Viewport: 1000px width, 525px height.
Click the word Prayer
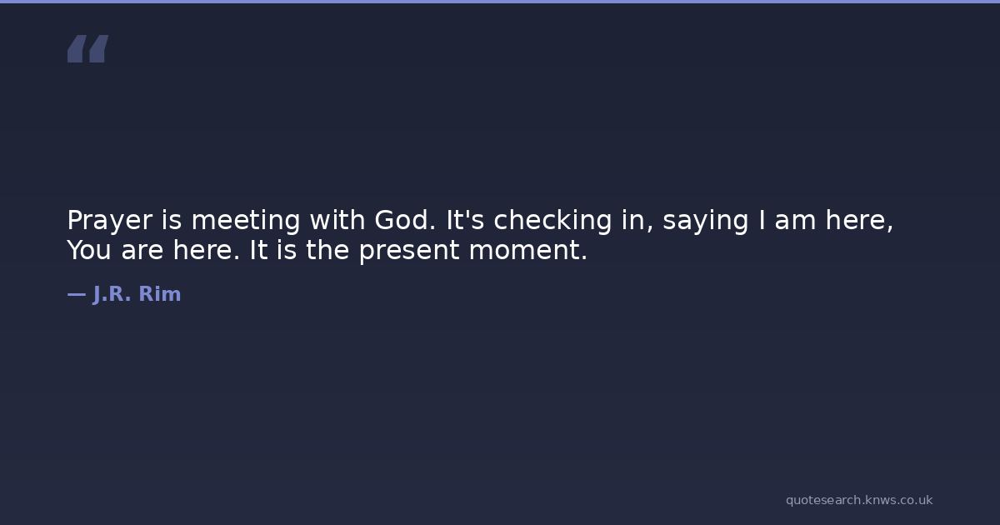(x=110, y=221)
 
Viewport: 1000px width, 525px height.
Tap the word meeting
(x=246, y=221)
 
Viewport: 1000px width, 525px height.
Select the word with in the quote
(x=337, y=220)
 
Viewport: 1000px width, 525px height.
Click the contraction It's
(x=465, y=220)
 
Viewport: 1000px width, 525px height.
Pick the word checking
(x=552, y=221)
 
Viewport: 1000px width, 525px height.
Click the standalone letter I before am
(x=762, y=220)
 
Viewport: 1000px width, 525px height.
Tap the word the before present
(x=327, y=250)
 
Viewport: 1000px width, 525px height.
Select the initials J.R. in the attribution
(x=112, y=294)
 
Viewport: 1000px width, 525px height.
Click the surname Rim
(x=160, y=293)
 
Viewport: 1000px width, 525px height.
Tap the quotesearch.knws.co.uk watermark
(x=859, y=501)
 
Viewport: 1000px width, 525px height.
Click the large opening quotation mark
(x=88, y=48)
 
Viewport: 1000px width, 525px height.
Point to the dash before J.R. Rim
(x=77, y=294)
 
